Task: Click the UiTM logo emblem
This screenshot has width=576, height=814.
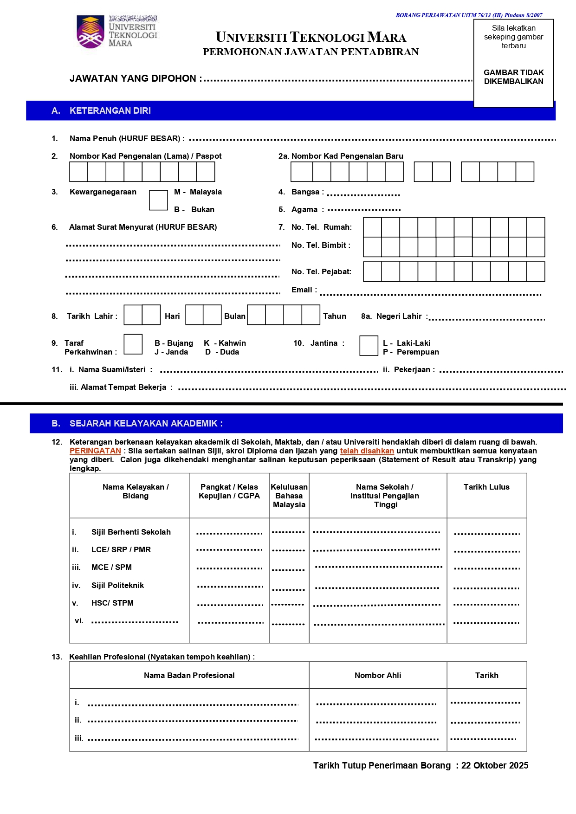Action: [91, 32]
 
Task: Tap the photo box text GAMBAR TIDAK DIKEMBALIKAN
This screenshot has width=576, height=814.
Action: [513, 77]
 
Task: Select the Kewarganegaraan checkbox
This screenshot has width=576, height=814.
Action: [158, 200]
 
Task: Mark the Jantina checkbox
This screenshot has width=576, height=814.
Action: [369, 346]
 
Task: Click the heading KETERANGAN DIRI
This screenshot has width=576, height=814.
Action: [110, 111]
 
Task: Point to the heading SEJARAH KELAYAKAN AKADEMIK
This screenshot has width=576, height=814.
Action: [146, 424]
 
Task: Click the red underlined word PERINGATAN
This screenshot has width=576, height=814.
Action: [95, 451]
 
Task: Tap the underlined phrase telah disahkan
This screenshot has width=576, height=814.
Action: [367, 451]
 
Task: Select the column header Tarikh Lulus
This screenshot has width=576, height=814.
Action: [486, 487]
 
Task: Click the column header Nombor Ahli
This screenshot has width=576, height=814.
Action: [378, 676]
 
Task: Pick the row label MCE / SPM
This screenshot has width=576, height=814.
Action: [111, 568]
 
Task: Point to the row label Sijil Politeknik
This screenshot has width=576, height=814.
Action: [117, 586]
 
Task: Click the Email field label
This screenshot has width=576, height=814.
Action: [304, 290]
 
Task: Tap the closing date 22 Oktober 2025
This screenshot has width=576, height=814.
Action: [495, 766]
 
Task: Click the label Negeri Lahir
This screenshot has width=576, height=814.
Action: [399, 317]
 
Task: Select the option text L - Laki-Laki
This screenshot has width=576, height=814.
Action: [407, 343]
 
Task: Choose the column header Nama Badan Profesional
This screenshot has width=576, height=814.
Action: [189, 676]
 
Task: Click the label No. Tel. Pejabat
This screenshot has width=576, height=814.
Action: [321, 272]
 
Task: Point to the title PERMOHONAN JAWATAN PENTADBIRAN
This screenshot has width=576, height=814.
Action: [311, 52]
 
